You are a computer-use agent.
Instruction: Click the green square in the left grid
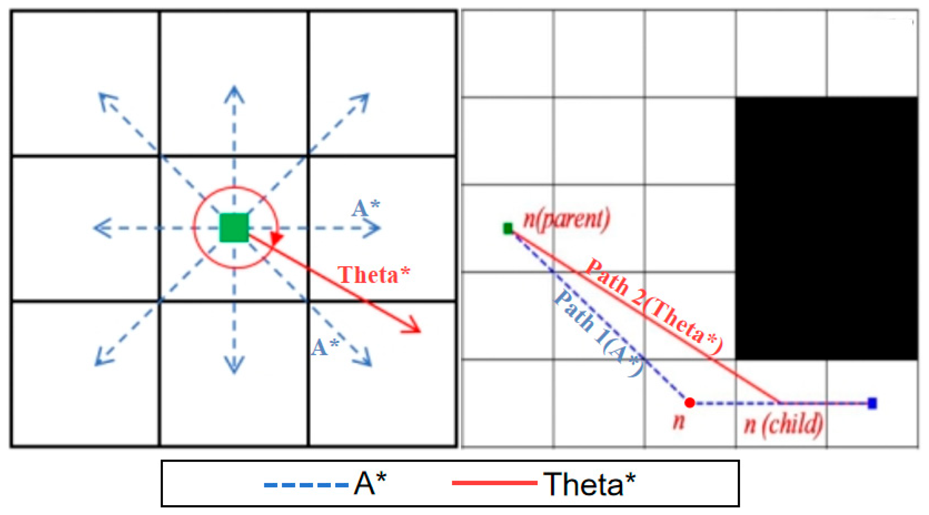pyautogui.click(x=234, y=228)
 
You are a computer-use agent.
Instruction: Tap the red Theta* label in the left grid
pyautogui.click(x=373, y=275)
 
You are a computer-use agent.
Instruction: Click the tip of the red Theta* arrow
pyautogui.click(x=419, y=330)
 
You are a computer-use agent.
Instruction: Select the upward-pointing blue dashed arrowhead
pyautogui.click(x=234, y=92)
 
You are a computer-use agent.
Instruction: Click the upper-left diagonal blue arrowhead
pyautogui.click(x=104, y=99)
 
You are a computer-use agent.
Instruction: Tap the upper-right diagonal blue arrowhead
pyautogui.click(x=363, y=99)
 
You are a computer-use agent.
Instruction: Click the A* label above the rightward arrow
pyautogui.click(x=365, y=208)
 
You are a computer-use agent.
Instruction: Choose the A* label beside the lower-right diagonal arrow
pyautogui.click(x=325, y=347)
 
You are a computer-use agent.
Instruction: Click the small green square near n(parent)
pyautogui.click(x=508, y=229)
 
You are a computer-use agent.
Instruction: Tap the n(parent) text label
pyautogui.click(x=567, y=219)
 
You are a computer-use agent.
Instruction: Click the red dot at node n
pyautogui.click(x=689, y=403)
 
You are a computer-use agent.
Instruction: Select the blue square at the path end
pyautogui.click(x=872, y=403)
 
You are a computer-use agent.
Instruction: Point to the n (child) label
pyautogui.click(x=783, y=425)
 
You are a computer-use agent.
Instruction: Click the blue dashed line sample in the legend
pyautogui.click(x=306, y=485)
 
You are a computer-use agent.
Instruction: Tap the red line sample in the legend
pyautogui.click(x=494, y=483)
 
